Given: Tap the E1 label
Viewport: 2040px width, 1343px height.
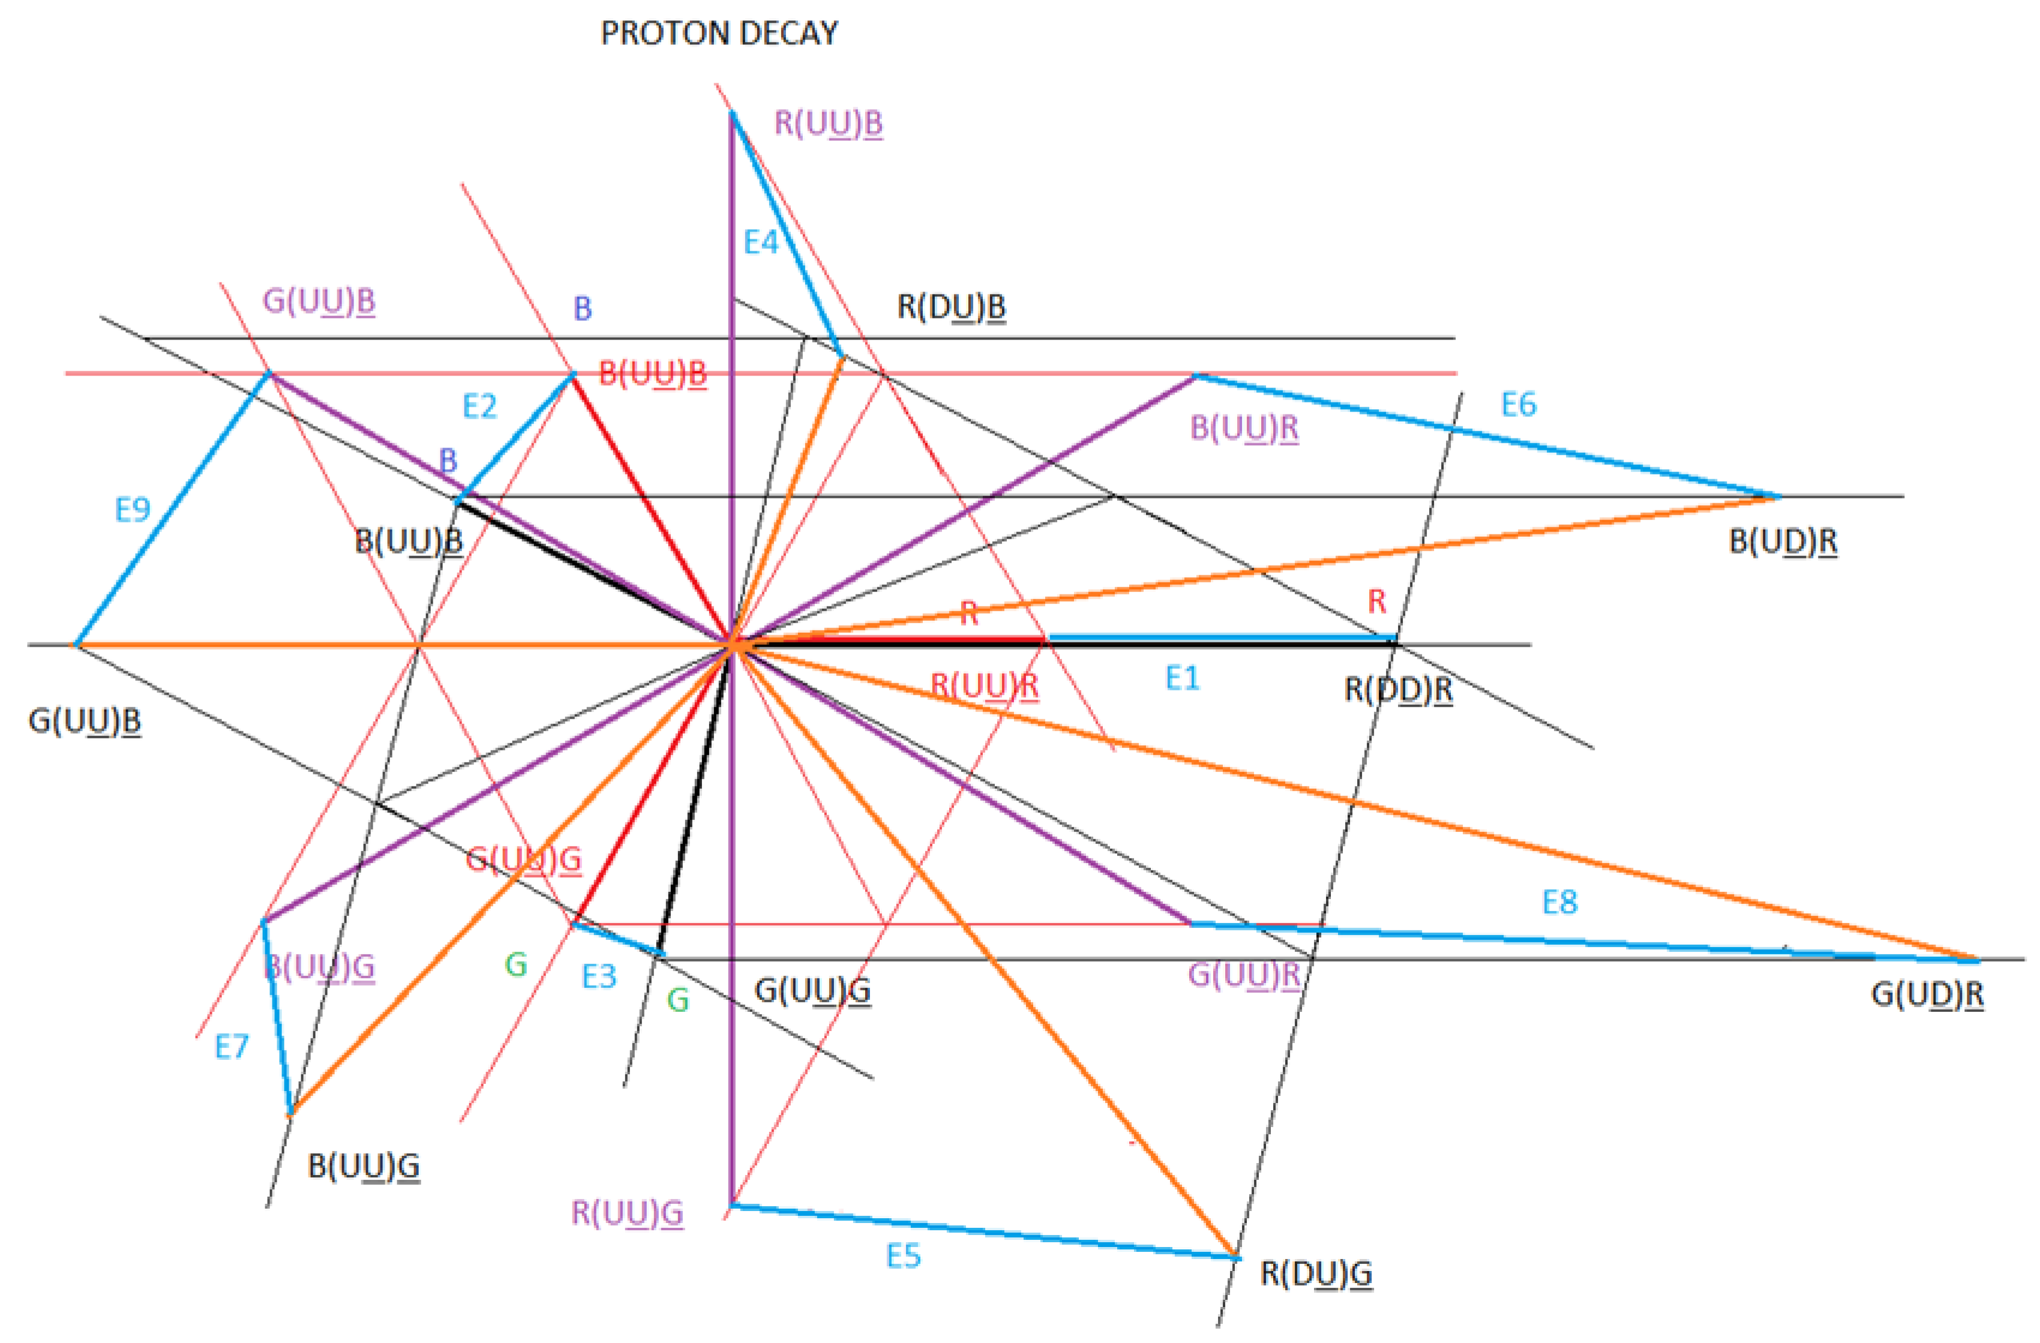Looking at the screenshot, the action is [1182, 679].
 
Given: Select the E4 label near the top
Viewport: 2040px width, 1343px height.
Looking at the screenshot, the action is [760, 242].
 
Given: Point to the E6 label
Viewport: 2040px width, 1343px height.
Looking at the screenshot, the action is [1519, 404].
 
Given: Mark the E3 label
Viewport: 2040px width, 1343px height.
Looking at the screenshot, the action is [599, 976].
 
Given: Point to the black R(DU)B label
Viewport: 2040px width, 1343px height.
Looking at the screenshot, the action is [952, 307].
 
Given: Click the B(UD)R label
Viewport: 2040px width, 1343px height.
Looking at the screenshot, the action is [1783, 542].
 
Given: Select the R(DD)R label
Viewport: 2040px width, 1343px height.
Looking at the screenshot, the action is [1398, 689].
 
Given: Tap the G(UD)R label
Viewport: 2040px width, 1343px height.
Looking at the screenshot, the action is [1927, 994].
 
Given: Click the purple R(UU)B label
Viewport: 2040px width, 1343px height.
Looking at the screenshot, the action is [828, 124].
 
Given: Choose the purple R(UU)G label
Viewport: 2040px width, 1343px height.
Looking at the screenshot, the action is [628, 1213].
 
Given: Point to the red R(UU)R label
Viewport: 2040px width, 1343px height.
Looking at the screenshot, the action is [985, 686].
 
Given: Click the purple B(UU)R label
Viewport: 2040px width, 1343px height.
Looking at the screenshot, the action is [1244, 428].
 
